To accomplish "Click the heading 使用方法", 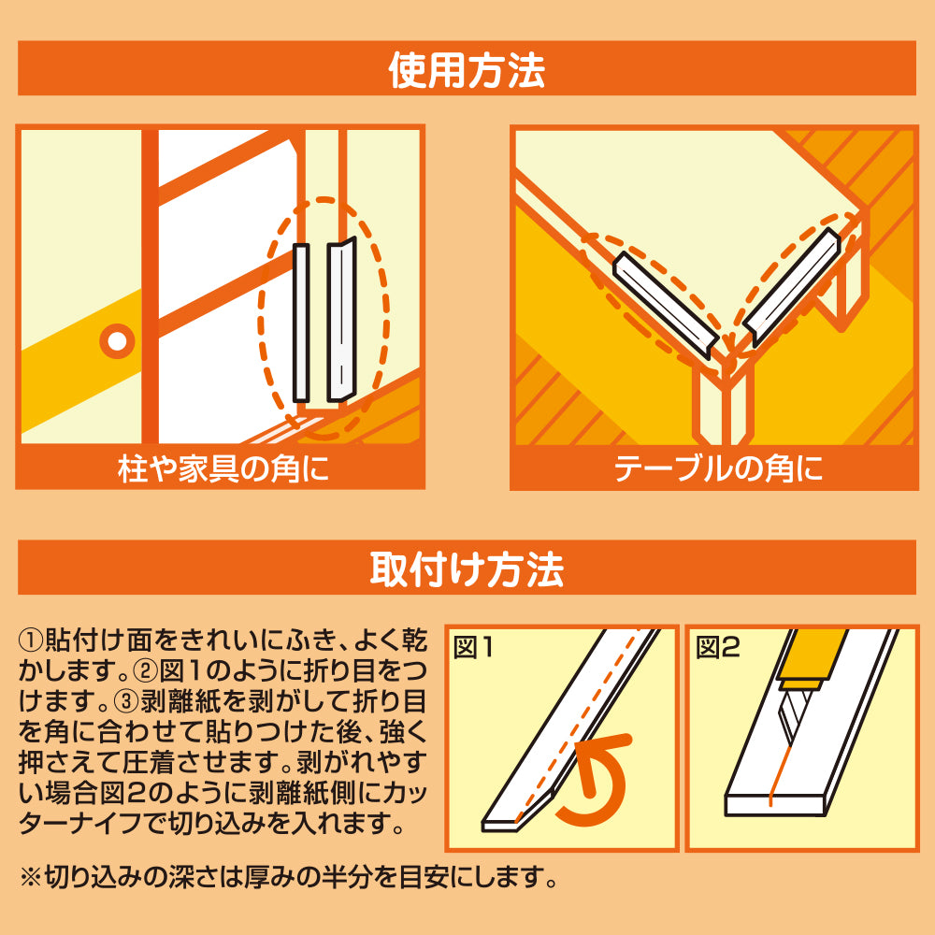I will pyautogui.click(x=467, y=68).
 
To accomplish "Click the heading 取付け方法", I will pyautogui.click(x=467, y=568).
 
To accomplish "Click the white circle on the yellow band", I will pyautogui.click(x=117, y=341).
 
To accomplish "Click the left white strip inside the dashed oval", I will pyautogui.click(x=301, y=323).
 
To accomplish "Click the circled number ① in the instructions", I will pyautogui.click(x=30, y=641).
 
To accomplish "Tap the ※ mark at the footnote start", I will pyautogui.click(x=30, y=879).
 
